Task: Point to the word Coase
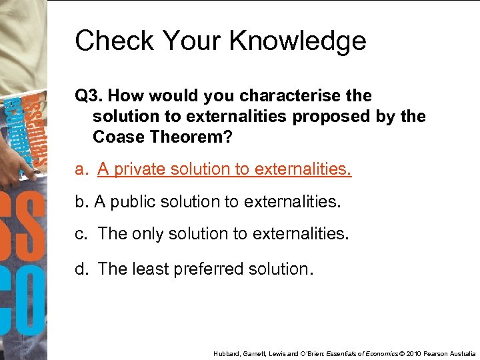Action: click(118, 137)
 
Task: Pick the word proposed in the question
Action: click(323, 117)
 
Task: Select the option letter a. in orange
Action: click(81, 169)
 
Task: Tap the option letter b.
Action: click(81, 202)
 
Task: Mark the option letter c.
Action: click(81, 235)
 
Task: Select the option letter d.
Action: click(81, 269)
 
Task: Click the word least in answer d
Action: click(150, 269)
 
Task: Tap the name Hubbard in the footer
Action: click(226, 353)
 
